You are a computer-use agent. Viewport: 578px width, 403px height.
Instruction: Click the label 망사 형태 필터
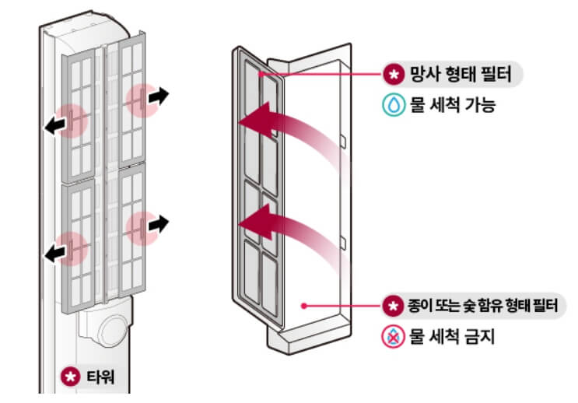coord(459,75)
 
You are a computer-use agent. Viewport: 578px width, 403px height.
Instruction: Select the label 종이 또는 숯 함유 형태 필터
coord(480,306)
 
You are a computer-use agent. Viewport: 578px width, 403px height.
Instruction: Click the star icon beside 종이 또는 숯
coord(393,306)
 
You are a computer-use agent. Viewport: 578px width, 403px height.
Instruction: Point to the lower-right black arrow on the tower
coord(158,224)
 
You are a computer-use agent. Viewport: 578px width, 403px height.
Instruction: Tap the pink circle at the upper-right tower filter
coord(138,100)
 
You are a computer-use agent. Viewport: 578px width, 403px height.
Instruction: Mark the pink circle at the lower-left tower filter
coord(72,247)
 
